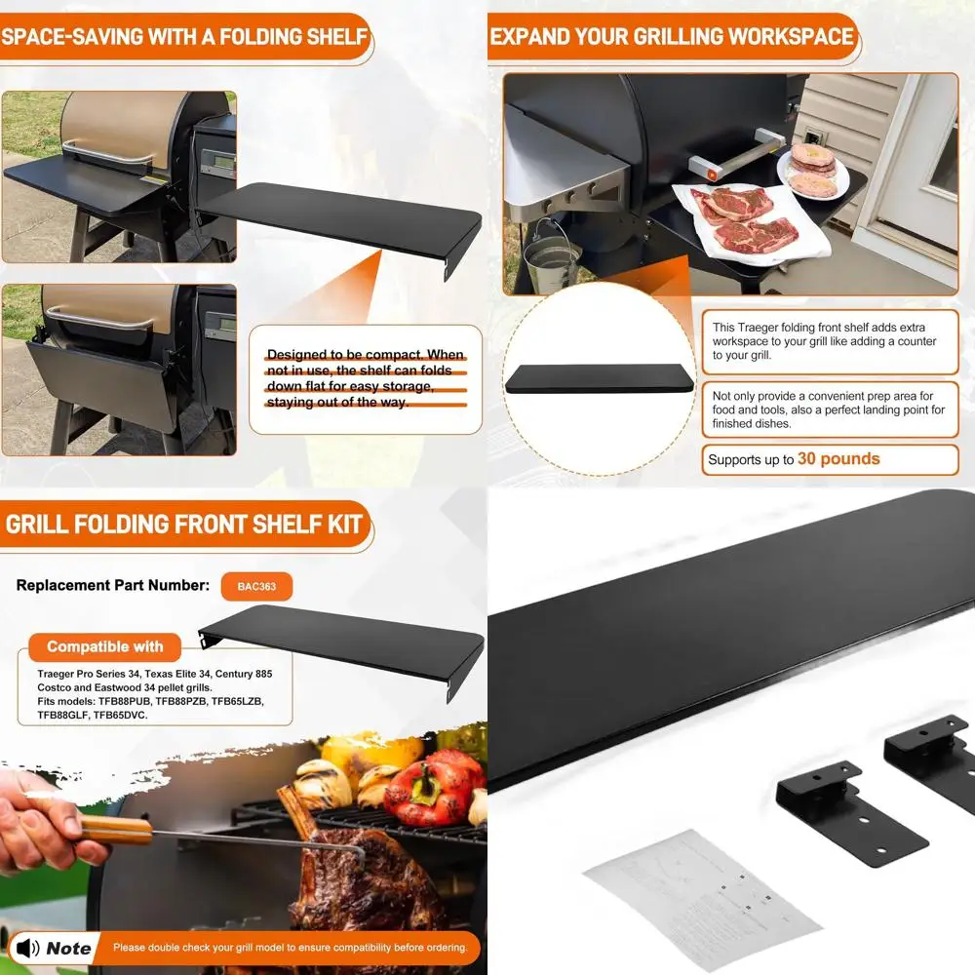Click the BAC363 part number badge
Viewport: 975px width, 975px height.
[257, 587]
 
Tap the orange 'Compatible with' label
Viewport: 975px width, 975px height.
[104, 646]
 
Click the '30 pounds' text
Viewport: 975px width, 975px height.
[838, 458]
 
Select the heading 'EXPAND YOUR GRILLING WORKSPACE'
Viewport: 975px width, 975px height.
[672, 38]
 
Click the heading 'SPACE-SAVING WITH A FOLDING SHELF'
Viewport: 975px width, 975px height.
[184, 38]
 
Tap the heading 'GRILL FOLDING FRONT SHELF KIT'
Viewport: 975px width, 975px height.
[184, 524]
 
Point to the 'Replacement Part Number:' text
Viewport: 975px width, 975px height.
[112, 586]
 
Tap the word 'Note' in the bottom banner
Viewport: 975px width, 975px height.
[68, 948]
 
